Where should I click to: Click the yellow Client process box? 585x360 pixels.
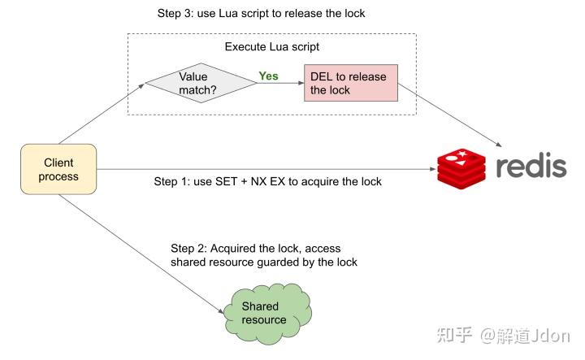point(58,169)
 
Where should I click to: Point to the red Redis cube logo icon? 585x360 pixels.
point(461,169)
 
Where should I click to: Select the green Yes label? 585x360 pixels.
point(268,76)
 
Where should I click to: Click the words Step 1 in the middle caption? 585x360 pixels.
point(171,181)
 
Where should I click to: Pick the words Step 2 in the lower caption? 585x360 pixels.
point(188,248)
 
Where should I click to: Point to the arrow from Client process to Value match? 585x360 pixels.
point(102,114)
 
